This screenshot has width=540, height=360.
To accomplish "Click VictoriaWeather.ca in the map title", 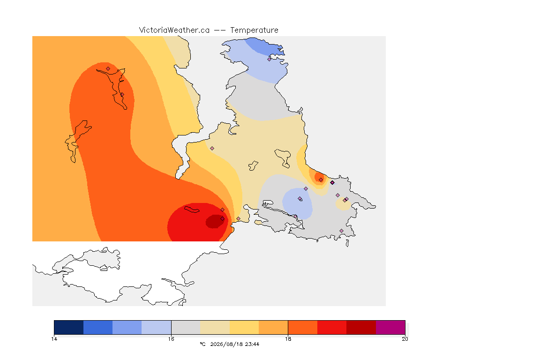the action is [x=174, y=30].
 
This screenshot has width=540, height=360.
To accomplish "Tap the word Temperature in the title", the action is [x=254, y=30].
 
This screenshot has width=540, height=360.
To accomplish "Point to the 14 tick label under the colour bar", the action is [x=54, y=339].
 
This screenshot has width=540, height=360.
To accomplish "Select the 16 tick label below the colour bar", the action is [x=171, y=339].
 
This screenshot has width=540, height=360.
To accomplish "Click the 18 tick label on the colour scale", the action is [x=288, y=339].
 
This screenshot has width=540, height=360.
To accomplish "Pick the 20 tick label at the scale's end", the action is [x=405, y=339].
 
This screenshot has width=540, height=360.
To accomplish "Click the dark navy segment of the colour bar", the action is [x=69, y=327].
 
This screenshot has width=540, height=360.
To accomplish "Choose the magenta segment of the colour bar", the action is [x=390, y=327].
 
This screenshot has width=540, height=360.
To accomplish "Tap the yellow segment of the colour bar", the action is [x=244, y=327].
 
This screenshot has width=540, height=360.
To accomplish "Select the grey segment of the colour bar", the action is [x=186, y=327].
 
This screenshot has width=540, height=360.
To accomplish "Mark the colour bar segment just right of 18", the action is [x=303, y=327].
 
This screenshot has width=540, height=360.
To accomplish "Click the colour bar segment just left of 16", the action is [x=157, y=327].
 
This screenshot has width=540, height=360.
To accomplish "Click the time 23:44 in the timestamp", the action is [x=252, y=344].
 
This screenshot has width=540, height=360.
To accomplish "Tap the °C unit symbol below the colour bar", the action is [x=202, y=344].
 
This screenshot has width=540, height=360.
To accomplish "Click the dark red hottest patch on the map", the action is [x=215, y=222].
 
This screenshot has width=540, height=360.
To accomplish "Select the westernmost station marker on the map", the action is [x=108, y=68].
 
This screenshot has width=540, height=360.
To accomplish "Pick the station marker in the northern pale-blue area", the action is [x=270, y=59].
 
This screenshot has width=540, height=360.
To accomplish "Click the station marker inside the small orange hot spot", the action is [x=321, y=180].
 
